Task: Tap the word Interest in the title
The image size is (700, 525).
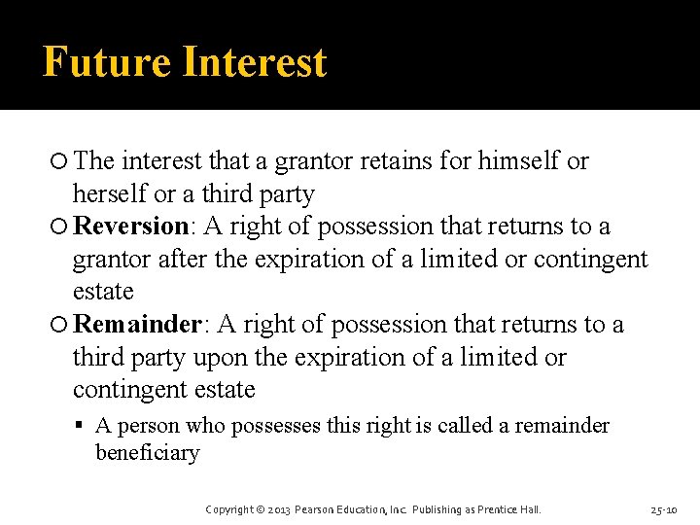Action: click(254, 62)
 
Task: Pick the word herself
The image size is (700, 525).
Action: click(110, 194)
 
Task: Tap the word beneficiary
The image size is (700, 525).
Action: click(147, 453)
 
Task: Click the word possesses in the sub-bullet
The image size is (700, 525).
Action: click(292, 426)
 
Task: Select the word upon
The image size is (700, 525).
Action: click(220, 357)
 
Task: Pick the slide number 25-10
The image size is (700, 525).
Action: click(665, 509)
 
